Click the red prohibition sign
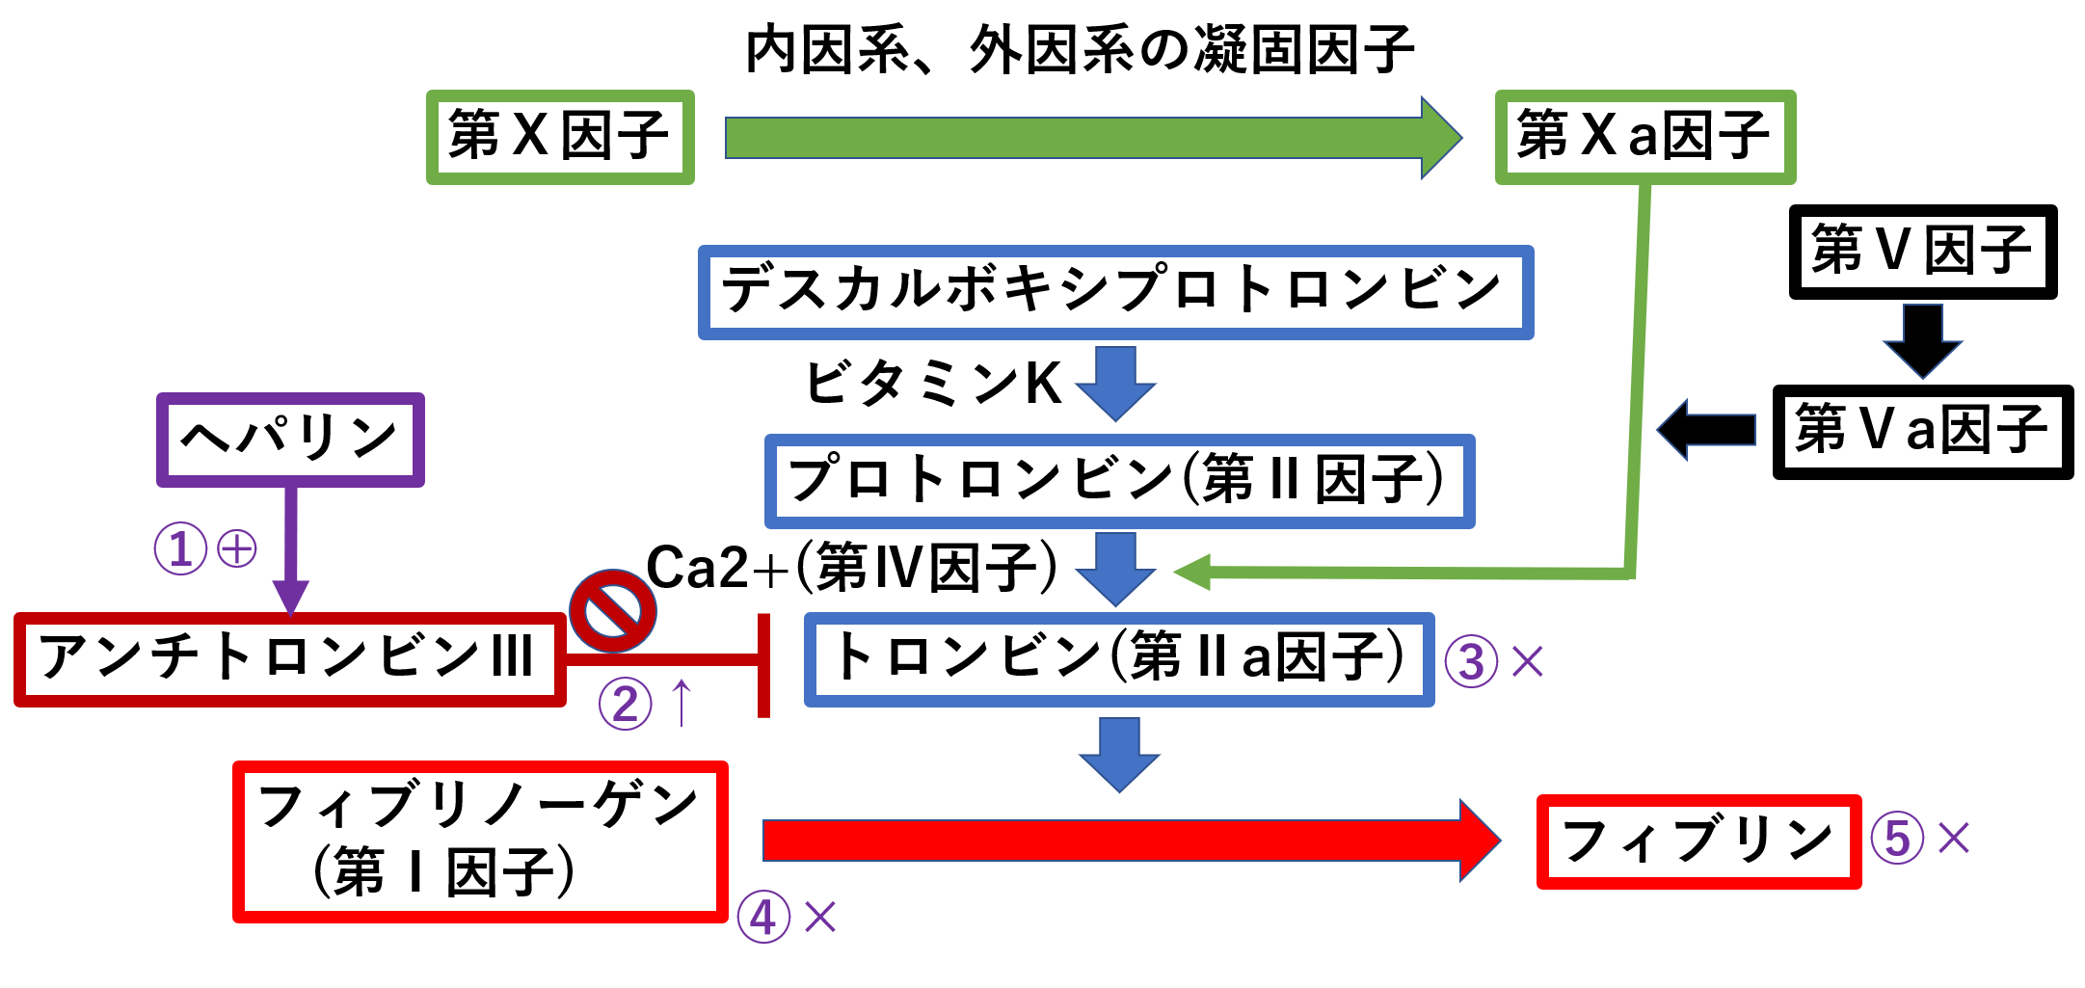613,610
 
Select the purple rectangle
290,440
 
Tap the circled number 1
180,548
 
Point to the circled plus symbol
237,548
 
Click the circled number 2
625,703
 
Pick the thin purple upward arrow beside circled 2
682,702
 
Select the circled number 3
1471,661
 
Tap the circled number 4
763,916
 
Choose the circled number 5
1897,837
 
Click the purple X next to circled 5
1954,838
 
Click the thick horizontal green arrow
1089,138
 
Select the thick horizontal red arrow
1128,841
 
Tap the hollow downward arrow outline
1923,341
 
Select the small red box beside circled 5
1698,841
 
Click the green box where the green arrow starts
560,138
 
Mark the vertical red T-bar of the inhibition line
763,665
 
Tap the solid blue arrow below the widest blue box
1116,383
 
